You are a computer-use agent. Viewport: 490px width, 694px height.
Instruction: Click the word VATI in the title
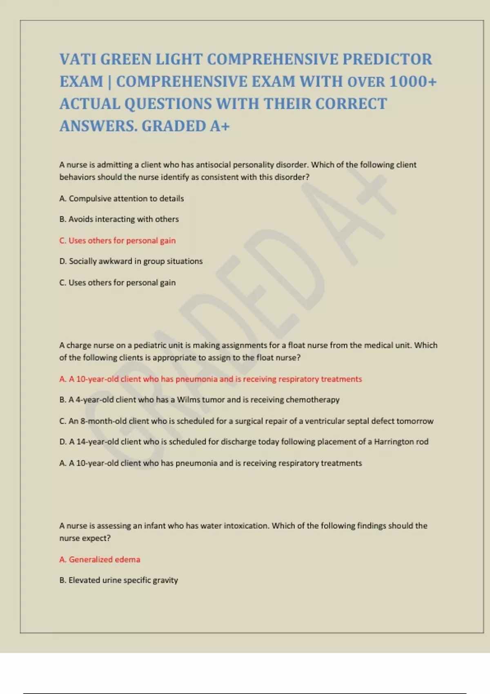pyautogui.click(x=78, y=60)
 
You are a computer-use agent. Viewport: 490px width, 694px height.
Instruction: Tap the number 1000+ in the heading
pyautogui.click(x=413, y=82)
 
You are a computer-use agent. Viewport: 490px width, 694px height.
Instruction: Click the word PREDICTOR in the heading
pyautogui.click(x=387, y=60)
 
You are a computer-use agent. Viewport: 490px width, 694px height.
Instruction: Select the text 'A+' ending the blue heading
pyautogui.click(x=220, y=126)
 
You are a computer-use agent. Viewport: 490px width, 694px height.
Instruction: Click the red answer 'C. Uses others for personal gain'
pyautogui.click(x=118, y=240)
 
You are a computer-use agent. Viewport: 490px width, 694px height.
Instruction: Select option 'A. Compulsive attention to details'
pyautogui.click(x=122, y=198)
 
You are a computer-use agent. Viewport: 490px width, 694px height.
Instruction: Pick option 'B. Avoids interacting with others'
pyautogui.click(x=119, y=219)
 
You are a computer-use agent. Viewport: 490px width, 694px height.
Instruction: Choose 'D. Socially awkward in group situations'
pyautogui.click(x=131, y=261)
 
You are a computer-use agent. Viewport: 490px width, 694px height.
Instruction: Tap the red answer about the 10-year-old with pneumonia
pyautogui.click(x=211, y=379)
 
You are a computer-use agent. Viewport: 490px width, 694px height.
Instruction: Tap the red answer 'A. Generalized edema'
pyautogui.click(x=100, y=560)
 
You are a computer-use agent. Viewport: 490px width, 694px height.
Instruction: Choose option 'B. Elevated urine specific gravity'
pyautogui.click(x=119, y=580)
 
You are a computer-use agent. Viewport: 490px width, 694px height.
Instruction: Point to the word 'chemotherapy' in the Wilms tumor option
pyautogui.click(x=313, y=400)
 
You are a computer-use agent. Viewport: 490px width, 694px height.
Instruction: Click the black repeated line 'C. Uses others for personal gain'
pyautogui.click(x=118, y=282)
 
